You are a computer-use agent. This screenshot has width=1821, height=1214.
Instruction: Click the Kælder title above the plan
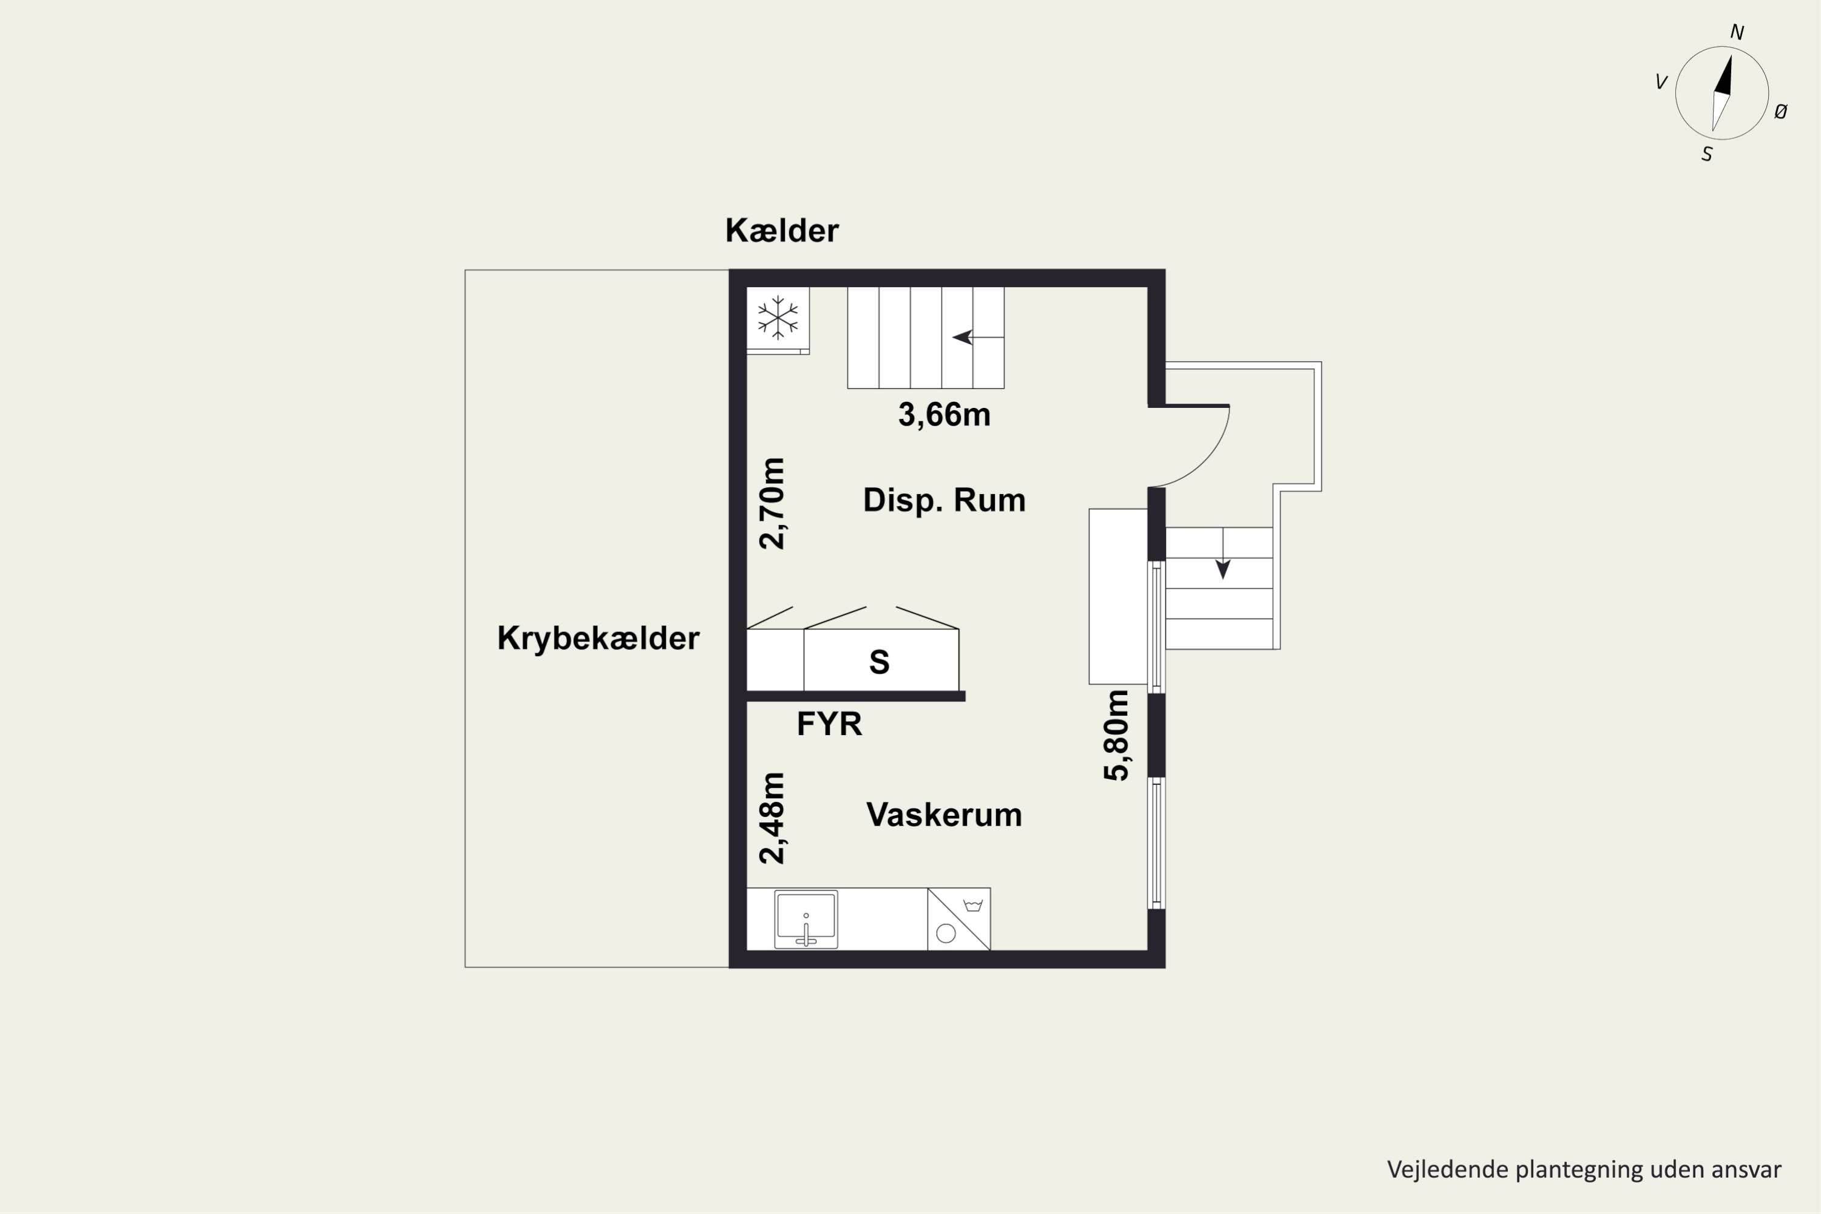click(781, 231)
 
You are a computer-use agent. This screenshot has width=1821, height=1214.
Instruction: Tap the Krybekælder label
click(598, 639)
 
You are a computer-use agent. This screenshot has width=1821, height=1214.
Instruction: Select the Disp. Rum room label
click(944, 500)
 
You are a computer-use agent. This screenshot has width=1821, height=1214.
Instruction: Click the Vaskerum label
click(944, 815)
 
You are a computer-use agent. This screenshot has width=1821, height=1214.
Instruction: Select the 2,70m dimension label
click(772, 503)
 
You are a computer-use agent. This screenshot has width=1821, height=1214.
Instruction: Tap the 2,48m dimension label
click(772, 818)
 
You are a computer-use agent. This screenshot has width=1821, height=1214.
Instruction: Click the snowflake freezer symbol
click(778, 318)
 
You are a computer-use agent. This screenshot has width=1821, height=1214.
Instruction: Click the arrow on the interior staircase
click(962, 337)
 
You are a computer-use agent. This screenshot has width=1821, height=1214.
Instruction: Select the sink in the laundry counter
click(806, 919)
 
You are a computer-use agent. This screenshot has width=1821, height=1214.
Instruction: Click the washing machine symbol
click(958, 919)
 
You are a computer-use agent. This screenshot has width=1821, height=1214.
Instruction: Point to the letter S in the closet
click(879, 662)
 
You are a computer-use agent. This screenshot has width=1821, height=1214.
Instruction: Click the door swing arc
click(1208, 457)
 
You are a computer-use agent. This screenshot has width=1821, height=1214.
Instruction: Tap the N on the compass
click(1737, 33)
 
